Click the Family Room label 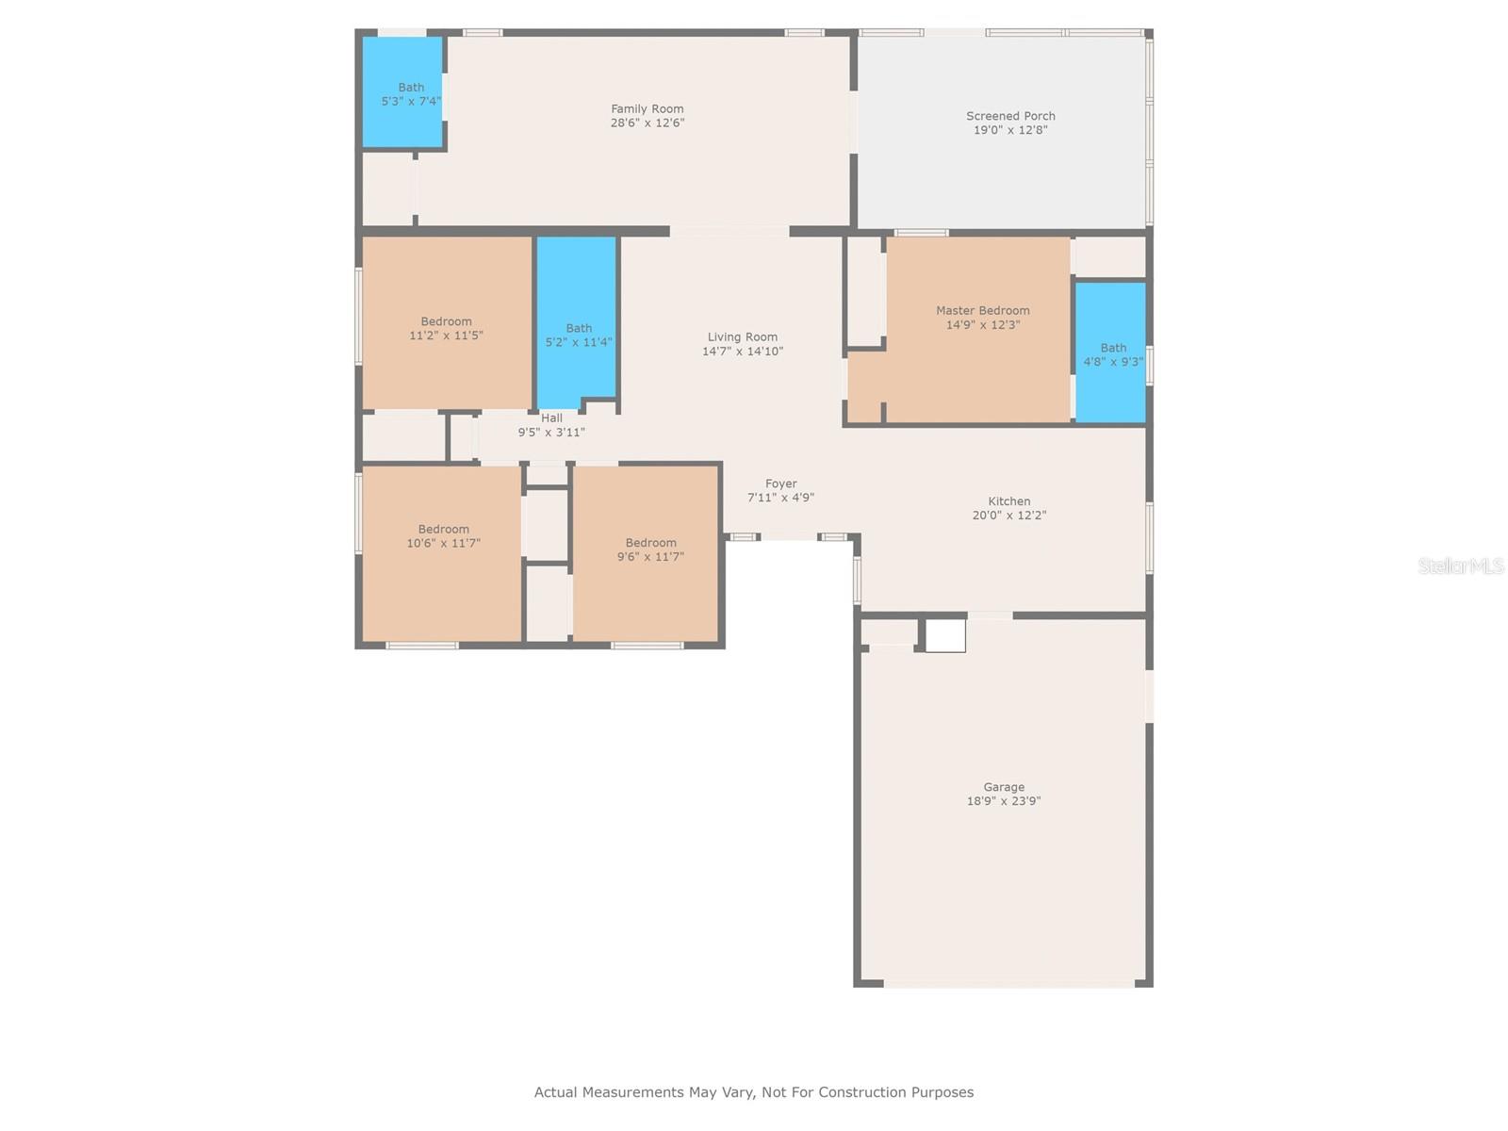647,108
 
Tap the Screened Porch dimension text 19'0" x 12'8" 1010,130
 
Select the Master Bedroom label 982,310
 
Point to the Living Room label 743,337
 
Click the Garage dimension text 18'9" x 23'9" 1004,801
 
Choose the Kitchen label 1009,501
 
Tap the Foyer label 781,484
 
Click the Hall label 551,418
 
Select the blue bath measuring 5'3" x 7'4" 402,92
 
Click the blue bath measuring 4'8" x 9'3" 1110,352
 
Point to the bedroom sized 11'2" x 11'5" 447,322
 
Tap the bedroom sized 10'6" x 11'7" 442,553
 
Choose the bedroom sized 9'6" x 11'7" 646,553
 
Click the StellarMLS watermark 1461,565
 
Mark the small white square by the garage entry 945,635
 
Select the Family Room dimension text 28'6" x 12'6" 647,123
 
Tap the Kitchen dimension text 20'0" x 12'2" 1009,515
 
